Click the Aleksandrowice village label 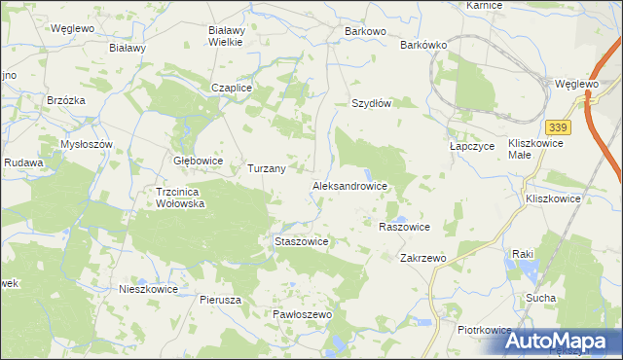pyautogui.click(x=349, y=185)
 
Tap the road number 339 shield pyautogui.click(x=558, y=128)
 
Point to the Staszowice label pyautogui.click(x=299, y=240)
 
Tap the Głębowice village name pyautogui.click(x=198, y=161)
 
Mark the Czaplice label pyautogui.click(x=233, y=88)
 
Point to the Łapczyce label pyautogui.click(x=473, y=145)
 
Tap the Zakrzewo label pyautogui.click(x=422, y=258)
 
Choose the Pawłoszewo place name pyautogui.click(x=303, y=315)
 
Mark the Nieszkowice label pyautogui.click(x=148, y=289)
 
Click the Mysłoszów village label pyautogui.click(x=88, y=144)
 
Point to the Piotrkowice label pyautogui.click(x=485, y=331)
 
